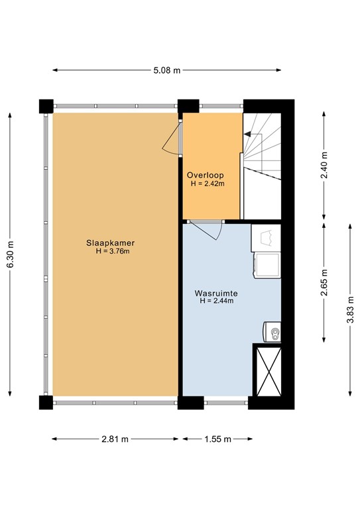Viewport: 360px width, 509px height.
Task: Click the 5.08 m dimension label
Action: pyautogui.click(x=167, y=70)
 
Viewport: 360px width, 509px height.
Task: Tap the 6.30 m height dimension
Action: pyautogui.click(x=9, y=255)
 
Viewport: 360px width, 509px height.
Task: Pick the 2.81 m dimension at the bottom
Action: pyautogui.click(x=115, y=439)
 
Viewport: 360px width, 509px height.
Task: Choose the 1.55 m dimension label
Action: pyautogui.click(x=217, y=439)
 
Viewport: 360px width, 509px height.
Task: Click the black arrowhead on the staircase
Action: pyautogui.click(x=247, y=134)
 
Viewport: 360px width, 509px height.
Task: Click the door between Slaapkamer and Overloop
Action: pyautogui.click(x=174, y=139)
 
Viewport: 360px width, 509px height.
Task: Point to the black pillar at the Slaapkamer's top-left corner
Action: pyautogui.click(x=46, y=106)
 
